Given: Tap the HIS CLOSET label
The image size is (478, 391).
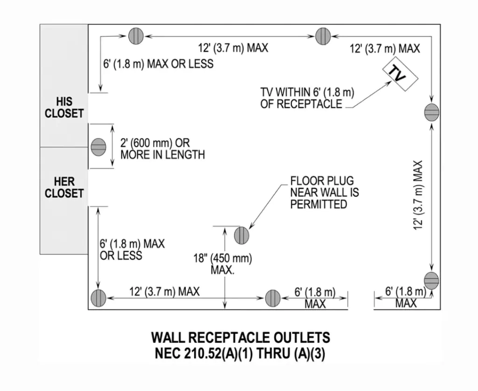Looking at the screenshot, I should (64, 107).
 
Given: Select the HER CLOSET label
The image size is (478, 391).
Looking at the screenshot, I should (64, 187).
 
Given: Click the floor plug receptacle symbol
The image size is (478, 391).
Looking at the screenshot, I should (241, 235).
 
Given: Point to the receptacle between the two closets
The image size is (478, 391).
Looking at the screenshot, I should (98, 147).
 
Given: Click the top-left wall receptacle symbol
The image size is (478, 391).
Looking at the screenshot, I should (135, 36).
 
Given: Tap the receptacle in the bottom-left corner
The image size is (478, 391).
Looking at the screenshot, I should (98, 298).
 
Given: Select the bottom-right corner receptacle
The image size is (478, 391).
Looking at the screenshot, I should (431, 281).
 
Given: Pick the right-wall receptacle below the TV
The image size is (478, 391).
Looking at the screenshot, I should (431, 112).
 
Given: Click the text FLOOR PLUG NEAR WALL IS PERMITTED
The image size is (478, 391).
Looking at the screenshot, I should (324, 192).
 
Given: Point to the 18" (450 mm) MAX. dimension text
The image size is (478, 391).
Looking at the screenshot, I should (222, 264).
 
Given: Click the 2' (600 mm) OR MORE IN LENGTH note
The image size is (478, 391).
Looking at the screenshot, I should (162, 149).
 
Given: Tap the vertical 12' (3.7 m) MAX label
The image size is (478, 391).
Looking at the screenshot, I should (418, 195).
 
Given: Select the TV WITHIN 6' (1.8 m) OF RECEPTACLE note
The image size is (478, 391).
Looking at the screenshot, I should (307, 98).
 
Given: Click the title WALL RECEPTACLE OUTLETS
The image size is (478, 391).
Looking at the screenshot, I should (240, 337).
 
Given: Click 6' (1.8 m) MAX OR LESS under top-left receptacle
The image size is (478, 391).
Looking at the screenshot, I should (158, 64).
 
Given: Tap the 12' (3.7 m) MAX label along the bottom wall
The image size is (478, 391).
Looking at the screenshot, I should (164, 292).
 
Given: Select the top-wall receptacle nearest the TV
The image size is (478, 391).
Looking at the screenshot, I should (323, 36).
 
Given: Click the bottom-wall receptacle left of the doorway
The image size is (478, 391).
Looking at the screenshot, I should (273, 298).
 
